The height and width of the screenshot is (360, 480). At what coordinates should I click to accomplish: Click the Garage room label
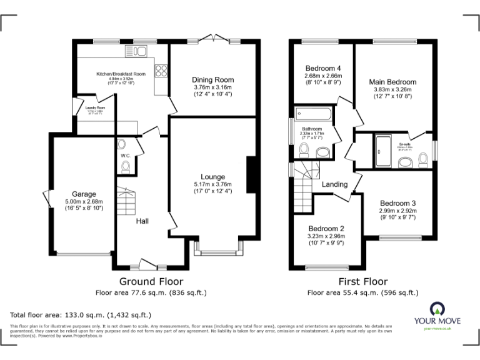tap(83, 194)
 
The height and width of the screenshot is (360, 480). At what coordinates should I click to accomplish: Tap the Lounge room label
tap(212, 177)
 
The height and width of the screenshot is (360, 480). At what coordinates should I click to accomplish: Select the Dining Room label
tap(212, 80)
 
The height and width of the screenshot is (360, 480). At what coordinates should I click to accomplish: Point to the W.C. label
tap(125, 156)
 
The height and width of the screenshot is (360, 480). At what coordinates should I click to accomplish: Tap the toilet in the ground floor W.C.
tap(126, 166)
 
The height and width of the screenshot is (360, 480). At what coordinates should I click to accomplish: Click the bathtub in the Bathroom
tap(313, 113)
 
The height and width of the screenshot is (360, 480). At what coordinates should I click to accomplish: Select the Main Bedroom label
tap(392, 82)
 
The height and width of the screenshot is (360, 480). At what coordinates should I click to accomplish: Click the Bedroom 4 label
tap(322, 68)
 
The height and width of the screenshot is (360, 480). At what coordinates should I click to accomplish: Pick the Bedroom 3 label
tap(397, 203)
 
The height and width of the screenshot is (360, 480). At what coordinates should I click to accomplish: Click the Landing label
tap(334, 185)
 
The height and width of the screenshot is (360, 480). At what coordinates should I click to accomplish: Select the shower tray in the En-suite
tap(382, 151)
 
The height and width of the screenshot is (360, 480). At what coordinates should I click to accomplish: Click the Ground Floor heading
tap(151, 282)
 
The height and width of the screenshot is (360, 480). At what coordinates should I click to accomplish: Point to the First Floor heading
tap(362, 282)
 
